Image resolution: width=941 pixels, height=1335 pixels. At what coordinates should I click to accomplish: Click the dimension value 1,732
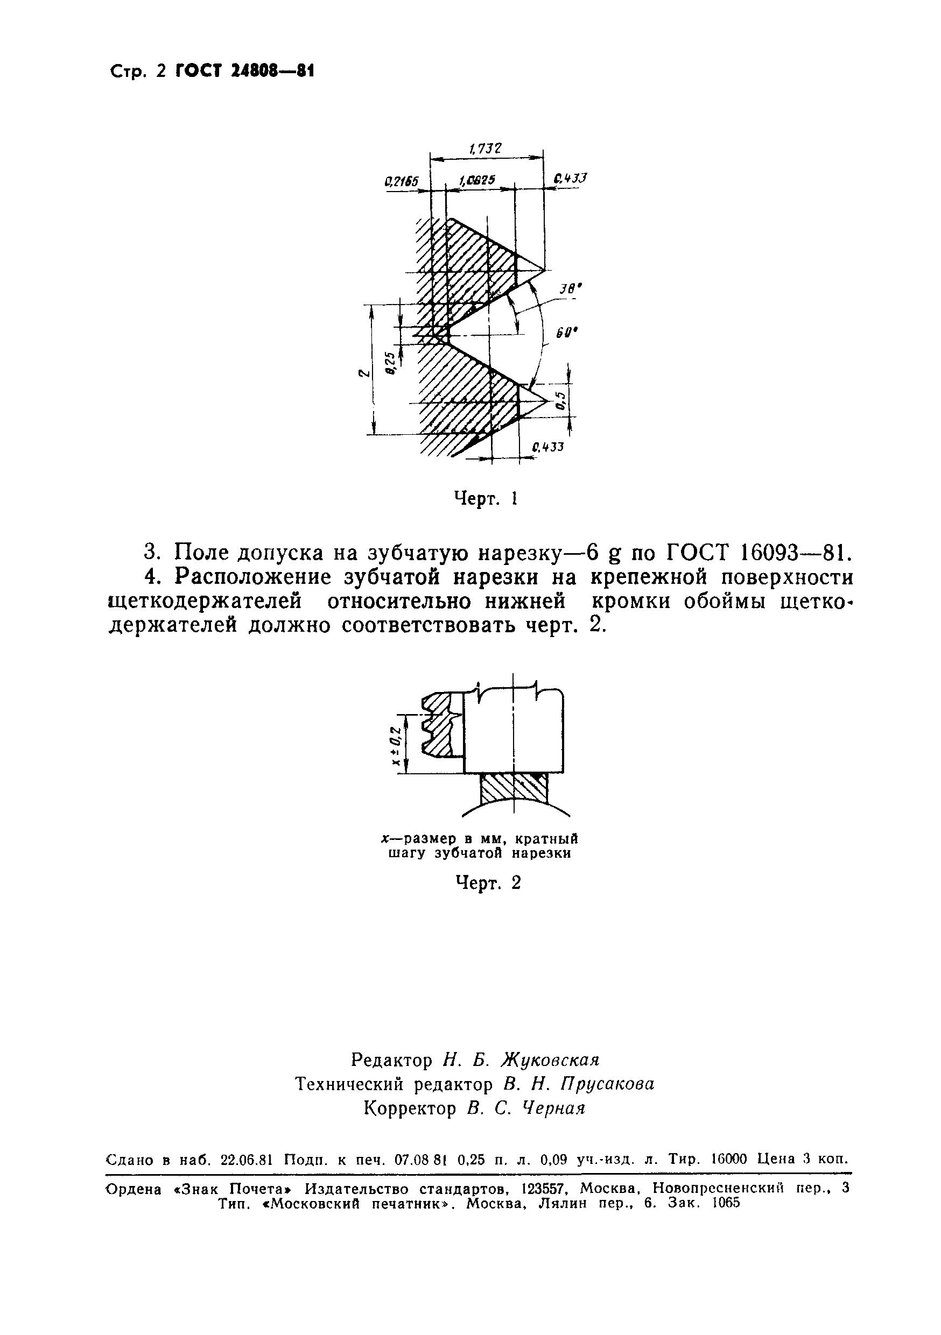pyautogui.click(x=484, y=149)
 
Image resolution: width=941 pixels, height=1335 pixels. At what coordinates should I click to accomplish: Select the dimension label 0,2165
pyautogui.click(x=401, y=181)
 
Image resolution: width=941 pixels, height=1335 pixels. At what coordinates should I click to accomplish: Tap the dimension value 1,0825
pyautogui.click(x=477, y=181)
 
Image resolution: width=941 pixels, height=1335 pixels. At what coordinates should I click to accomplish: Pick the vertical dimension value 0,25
pyautogui.click(x=390, y=363)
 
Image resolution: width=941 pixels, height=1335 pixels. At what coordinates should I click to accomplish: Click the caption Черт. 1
pyautogui.click(x=486, y=498)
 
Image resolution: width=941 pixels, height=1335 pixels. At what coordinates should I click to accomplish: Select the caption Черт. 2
pyautogui.click(x=487, y=882)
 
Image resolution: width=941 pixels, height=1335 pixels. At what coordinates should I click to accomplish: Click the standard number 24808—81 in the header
pyautogui.click(x=244, y=71)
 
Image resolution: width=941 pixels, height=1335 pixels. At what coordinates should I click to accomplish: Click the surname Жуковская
pyautogui.click(x=550, y=1060)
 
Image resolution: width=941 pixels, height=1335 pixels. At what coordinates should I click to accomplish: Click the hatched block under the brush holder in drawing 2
pyautogui.click(x=513, y=788)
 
